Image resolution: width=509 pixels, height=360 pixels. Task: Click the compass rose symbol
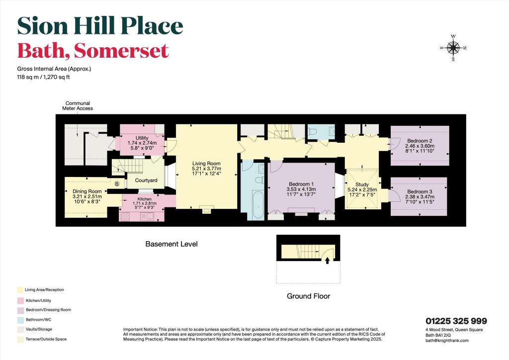tap(453, 48)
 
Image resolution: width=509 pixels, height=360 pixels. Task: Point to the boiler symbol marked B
tap(117, 183)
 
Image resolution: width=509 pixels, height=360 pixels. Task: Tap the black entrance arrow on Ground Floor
tap(327, 259)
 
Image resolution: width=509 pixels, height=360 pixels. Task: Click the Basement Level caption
tap(171, 244)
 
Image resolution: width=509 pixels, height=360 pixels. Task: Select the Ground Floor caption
tap(308, 296)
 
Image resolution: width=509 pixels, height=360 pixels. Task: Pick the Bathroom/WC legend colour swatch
tap(19, 319)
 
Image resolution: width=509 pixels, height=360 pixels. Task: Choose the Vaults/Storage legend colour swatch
tap(19, 329)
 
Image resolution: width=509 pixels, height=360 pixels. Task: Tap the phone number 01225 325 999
tap(456, 321)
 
